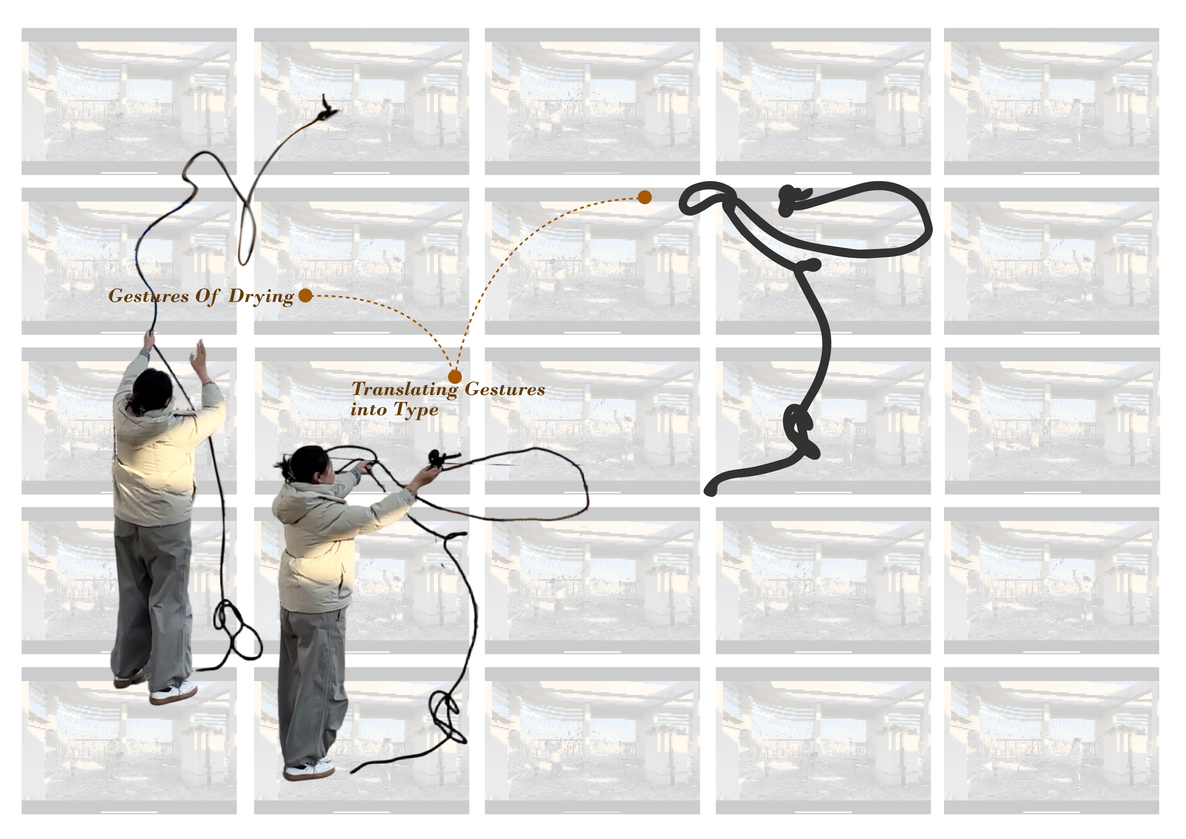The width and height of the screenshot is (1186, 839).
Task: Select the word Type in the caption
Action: pos(416,410)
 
